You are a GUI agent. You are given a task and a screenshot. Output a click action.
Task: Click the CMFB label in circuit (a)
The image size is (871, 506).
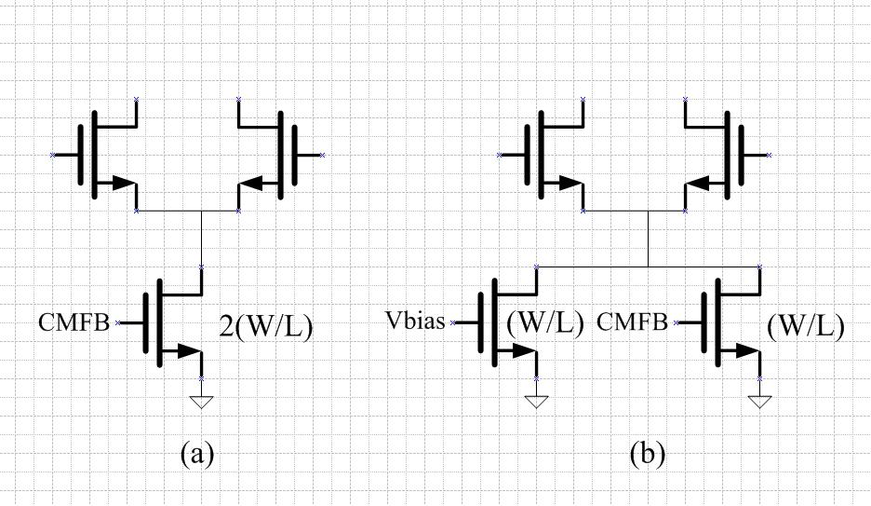74,323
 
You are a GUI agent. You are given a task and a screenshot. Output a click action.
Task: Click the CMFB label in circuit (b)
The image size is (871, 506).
632,323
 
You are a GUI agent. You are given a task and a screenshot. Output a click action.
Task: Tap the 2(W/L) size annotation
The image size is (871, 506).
264,326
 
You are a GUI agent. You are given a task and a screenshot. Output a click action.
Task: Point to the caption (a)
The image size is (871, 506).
196,454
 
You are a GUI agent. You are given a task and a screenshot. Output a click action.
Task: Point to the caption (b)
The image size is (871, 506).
647,454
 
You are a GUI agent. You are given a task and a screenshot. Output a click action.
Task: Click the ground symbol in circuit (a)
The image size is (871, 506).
202,402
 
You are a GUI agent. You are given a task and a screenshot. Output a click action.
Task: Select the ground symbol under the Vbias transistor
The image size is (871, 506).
537,402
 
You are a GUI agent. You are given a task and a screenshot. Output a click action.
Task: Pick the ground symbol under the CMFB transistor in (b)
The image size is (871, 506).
760,402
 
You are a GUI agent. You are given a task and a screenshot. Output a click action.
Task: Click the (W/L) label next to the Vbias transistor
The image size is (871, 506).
545,324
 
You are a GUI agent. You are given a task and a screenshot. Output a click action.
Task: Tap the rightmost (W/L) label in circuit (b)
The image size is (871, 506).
806,326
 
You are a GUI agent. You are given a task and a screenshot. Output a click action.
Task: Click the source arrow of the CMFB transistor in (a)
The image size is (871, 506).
187,351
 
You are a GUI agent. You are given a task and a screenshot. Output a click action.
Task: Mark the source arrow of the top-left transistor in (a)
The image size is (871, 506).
122,184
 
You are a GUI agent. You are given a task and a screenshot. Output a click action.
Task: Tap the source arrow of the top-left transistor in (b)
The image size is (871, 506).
569,184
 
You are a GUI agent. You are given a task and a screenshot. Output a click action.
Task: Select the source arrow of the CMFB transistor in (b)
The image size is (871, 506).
745,351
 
